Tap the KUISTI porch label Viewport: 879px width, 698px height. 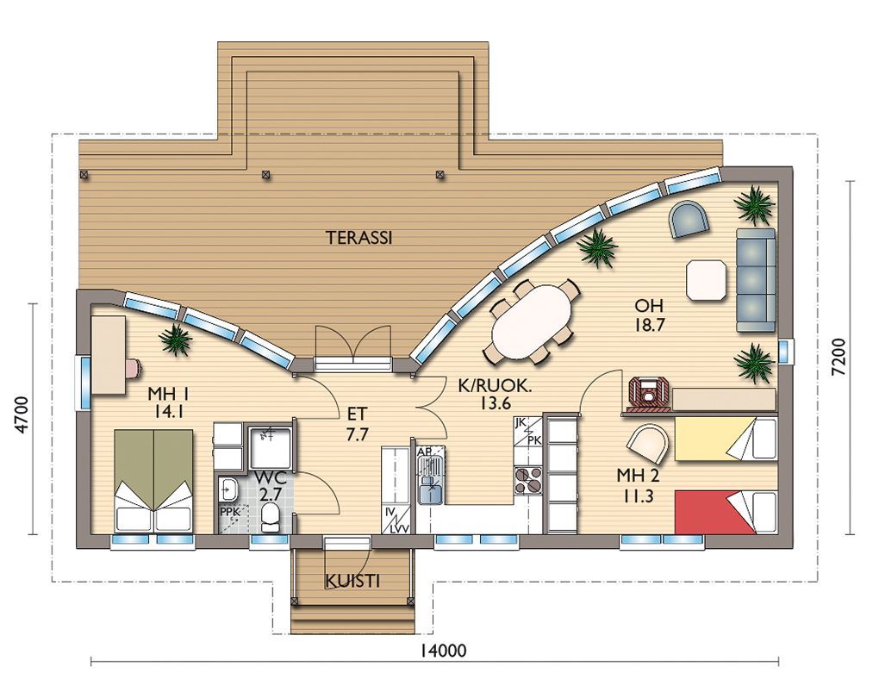352,582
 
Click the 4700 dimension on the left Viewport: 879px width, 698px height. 22,414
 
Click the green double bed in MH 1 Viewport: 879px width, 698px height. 153,481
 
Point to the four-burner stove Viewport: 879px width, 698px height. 528,481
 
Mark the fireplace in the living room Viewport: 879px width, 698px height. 648,391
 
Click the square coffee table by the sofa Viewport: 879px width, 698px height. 706,280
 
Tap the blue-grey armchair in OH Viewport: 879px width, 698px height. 689,220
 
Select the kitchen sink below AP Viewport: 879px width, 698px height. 431,479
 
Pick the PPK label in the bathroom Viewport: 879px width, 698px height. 229,512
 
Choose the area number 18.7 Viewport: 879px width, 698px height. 649,325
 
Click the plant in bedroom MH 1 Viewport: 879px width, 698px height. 177,340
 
